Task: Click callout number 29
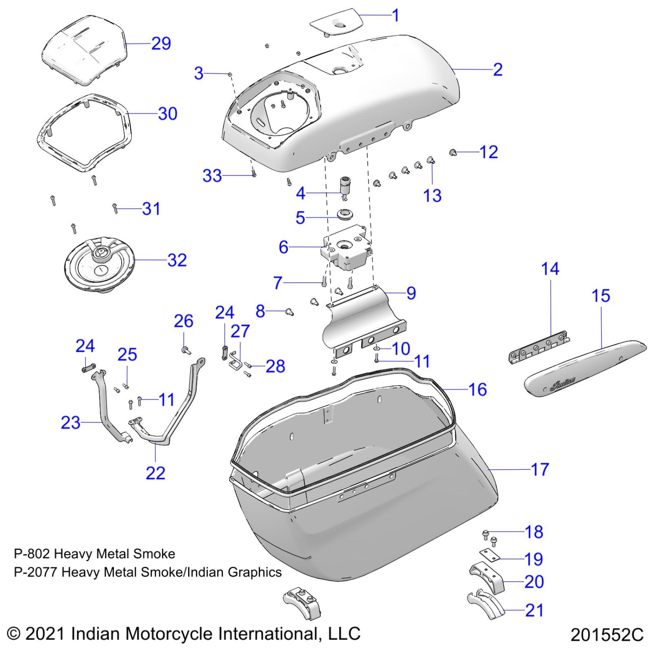(x=161, y=43)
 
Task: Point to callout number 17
(x=540, y=469)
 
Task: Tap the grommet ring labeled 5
(x=345, y=214)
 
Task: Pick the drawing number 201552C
(x=607, y=635)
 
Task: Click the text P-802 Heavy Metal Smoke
(x=94, y=554)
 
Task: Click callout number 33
(x=212, y=176)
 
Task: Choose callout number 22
(x=155, y=473)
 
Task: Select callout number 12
(x=489, y=152)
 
